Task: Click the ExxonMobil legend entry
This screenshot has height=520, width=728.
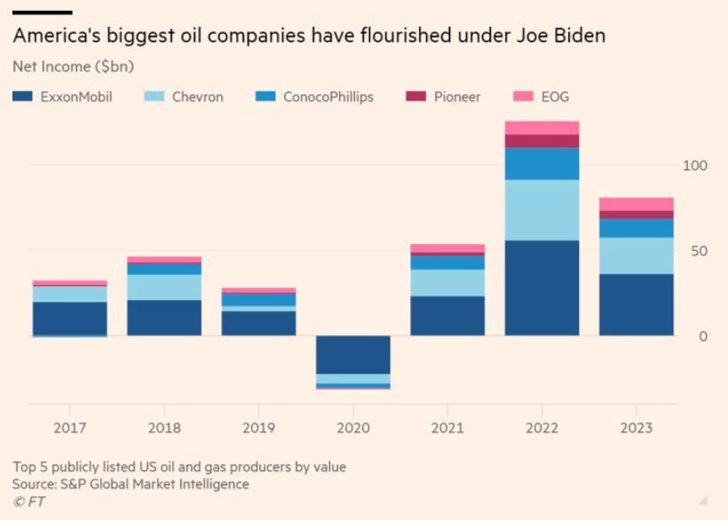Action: [x=62, y=97]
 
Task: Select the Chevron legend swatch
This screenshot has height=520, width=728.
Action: [x=155, y=97]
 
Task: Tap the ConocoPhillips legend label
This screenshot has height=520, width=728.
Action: [x=328, y=97]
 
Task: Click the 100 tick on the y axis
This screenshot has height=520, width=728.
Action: [x=694, y=166]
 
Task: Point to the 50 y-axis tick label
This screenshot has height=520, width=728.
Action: [x=698, y=251]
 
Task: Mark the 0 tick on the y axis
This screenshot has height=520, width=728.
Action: [x=703, y=336]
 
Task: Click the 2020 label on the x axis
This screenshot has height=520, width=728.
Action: [x=353, y=428]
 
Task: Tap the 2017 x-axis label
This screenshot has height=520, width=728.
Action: [x=70, y=428]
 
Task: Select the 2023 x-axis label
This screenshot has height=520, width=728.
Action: [x=636, y=428]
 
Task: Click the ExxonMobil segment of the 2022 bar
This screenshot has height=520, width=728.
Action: [x=542, y=288]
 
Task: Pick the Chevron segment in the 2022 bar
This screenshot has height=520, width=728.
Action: [x=542, y=209]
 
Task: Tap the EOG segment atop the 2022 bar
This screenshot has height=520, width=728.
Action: [x=542, y=128]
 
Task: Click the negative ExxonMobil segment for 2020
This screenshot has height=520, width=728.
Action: [x=353, y=355]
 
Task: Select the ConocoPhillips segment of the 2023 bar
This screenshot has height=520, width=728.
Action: [x=636, y=228]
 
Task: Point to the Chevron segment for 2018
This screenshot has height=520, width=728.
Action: [x=164, y=288]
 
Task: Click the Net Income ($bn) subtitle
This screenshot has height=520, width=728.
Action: [x=73, y=67]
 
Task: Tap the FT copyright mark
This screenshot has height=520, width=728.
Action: [x=28, y=502]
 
